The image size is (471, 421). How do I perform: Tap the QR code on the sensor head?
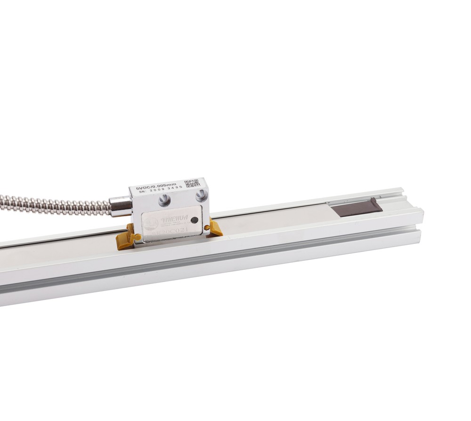point(192,183)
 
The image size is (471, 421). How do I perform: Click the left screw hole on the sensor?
point(164,200)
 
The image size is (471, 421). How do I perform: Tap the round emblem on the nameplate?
point(152,223)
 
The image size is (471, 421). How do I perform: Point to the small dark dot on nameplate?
point(194,219)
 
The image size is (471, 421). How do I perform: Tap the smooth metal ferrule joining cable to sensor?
point(121,206)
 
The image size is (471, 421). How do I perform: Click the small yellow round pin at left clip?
point(138,237)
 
